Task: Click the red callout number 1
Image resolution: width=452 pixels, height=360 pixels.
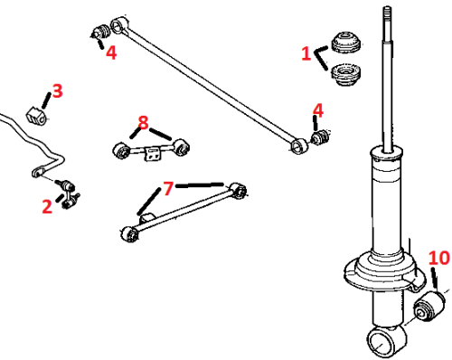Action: (x=306, y=53)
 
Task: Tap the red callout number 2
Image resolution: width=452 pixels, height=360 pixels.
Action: (x=47, y=206)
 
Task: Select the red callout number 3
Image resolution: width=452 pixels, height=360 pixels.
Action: (x=57, y=90)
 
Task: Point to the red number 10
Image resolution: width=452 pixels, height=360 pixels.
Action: (x=439, y=258)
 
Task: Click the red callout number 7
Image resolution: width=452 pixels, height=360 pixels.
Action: (x=168, y=188)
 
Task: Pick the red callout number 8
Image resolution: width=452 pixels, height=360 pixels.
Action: (x=143, y=122)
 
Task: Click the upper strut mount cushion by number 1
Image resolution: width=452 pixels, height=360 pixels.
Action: (x=346, y=42)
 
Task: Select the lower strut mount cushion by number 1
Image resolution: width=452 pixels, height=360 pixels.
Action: (x=346, y=74)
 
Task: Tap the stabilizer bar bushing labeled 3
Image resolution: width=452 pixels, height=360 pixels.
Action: (x=36, y=116)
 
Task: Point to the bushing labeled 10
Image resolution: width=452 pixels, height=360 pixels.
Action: (x=429, y=306)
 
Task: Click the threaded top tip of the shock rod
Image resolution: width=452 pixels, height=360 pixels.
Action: (x=388, y=12)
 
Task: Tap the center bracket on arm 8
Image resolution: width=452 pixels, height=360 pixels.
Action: (x=153, y=154)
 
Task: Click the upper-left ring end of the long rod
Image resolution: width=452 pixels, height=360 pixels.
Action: (x=118, y=24)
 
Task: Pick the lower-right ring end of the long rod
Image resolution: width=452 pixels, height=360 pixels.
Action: (x=298, y=146)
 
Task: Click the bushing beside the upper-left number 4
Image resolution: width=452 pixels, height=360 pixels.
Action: (x=101, y=32)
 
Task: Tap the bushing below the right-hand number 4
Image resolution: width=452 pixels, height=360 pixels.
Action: (x=321, y=137)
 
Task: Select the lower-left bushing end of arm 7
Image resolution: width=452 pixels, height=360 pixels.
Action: (x=130, y=234)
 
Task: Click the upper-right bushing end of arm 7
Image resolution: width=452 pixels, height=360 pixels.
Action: (x=238, y=191)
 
